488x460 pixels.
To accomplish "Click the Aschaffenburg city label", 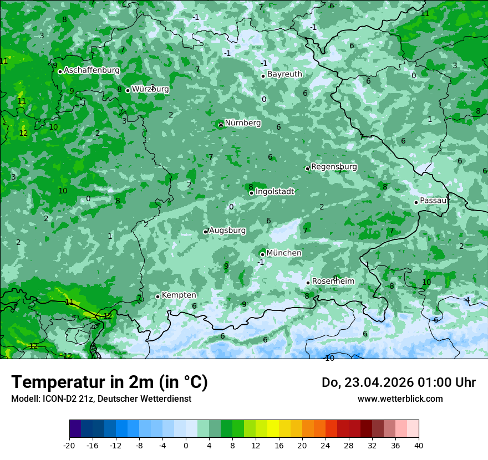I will [91, 70].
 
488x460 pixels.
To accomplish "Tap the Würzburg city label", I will [150, 89].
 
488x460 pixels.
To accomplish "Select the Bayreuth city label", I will [284, 74].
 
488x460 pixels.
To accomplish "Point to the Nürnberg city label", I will [242, 122].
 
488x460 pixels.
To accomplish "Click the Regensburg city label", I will [334, 166].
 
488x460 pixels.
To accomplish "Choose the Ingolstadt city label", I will [274, 191].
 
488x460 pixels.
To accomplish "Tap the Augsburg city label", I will [227, 230].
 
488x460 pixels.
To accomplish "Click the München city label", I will [284, 253].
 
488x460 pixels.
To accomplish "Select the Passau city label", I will [433, 201].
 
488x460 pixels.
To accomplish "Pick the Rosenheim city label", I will [333, 281].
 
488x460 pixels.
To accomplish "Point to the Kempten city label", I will [179, 295].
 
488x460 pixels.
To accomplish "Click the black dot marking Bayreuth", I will [263, 76].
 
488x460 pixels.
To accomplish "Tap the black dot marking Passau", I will [416, 202].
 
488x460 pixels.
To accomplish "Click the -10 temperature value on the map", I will [329, 358].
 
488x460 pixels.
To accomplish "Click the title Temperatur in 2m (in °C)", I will [109, 382].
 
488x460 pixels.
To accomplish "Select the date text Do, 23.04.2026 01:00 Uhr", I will [399, 382].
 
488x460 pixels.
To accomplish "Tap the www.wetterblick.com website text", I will [400, 398].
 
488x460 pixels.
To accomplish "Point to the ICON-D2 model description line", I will [101, 398].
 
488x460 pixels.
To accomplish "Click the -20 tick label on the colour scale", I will [69, 446].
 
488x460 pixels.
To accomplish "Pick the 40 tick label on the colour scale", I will [419, 446].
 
